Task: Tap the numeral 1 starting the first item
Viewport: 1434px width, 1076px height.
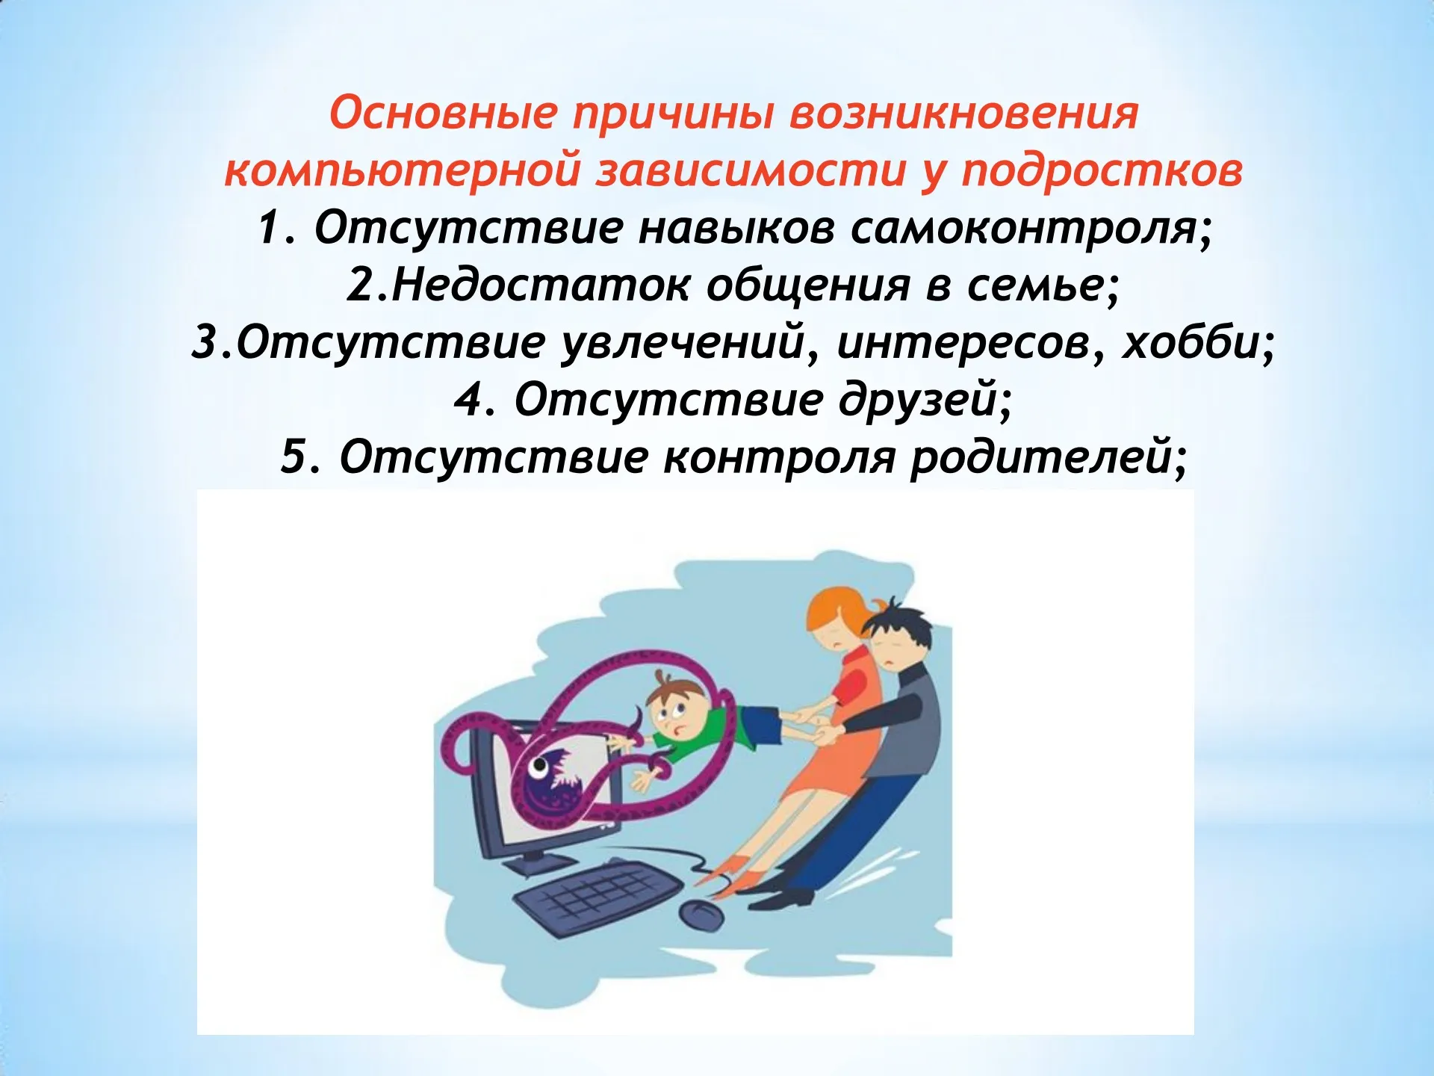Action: coord(269,228)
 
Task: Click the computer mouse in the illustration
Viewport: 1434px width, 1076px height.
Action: coord(700,915)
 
